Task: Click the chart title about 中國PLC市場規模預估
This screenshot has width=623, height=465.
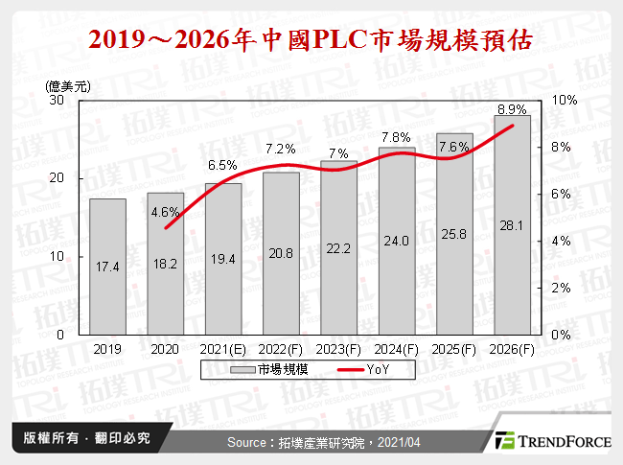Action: tap(311, 41)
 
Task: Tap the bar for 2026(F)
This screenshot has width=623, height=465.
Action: tap(512, 225)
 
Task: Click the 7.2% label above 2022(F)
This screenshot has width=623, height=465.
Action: tap(280, 149)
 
